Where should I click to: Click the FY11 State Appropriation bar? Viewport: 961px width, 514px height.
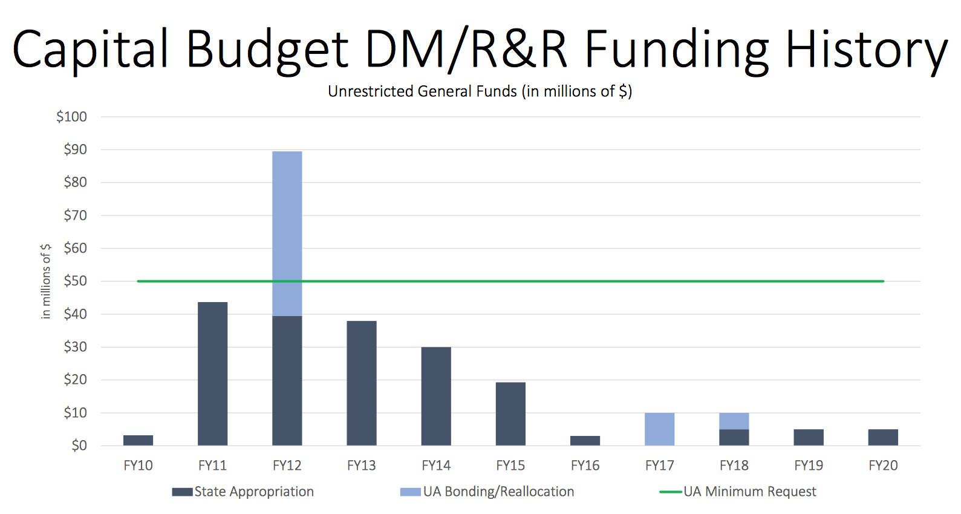tap(212, 374)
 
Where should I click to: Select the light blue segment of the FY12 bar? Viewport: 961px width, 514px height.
tap(287, 233)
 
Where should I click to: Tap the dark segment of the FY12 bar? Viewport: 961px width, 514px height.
tap(287, 380)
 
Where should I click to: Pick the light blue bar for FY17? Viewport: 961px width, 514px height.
tap(659, 429)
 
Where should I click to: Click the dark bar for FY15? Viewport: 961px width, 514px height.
tap(510, 414)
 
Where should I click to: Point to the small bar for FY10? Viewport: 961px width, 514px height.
tap(138, 440)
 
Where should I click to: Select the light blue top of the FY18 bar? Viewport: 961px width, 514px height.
tap(734, 421)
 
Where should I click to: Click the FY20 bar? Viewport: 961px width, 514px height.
tap(882, 437)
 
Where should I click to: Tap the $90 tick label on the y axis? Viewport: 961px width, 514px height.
tap(76, 150)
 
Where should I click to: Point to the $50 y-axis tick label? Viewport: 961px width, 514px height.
tap(76, 281)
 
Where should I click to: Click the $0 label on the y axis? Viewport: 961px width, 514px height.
tap(79, 446)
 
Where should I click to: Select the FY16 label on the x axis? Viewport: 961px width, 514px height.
tap(585, 466)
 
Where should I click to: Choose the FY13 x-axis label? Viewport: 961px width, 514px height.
tap(361, 466)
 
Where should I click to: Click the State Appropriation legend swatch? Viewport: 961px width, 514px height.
tap(182, 492)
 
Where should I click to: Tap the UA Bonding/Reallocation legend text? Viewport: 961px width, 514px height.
tap(498, 492)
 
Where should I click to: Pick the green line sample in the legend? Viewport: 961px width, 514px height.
tap(670, 492)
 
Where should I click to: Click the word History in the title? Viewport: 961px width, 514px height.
tap(866, 50)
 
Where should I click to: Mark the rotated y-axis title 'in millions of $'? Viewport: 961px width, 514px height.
tap(46, 281)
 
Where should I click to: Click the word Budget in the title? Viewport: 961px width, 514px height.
tap(267, 50)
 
